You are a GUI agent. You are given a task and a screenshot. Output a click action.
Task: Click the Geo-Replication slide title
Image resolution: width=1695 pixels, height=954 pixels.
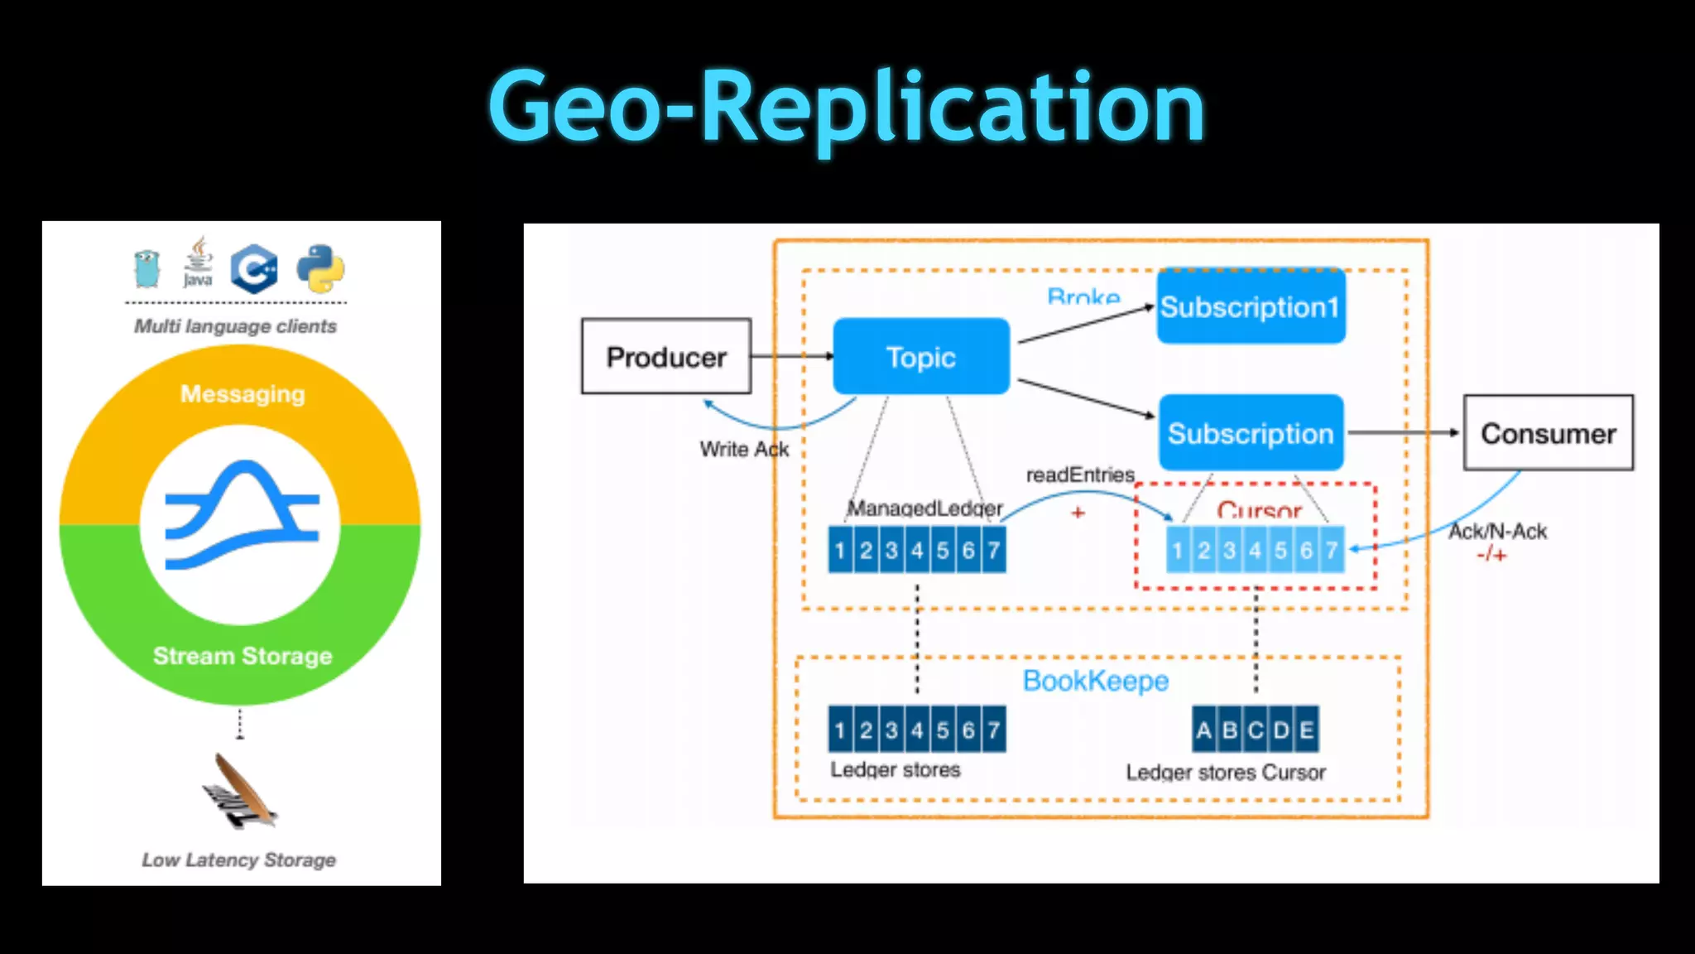point(846,108)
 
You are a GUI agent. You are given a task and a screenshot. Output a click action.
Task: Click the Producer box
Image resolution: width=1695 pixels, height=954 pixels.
point(666,357)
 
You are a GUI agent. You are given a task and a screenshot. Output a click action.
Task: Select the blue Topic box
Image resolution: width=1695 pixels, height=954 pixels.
point(921,357)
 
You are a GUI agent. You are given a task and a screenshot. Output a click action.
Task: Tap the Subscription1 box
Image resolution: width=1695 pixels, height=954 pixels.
point(1251,307)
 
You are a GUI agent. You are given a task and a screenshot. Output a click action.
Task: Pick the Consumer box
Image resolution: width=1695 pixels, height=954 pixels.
point(1548,433)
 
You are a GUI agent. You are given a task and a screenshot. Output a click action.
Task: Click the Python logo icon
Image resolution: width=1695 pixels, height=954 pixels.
point(320,269)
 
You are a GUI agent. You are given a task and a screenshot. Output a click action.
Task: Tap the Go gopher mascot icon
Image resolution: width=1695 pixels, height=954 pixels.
point(146,269)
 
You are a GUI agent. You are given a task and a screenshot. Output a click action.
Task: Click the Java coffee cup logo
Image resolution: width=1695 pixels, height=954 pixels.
point(198,263)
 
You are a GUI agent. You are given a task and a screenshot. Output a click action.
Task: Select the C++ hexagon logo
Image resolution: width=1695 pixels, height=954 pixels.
point(254,269)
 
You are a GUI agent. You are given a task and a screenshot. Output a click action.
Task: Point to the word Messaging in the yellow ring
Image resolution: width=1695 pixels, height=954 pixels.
point(242,394)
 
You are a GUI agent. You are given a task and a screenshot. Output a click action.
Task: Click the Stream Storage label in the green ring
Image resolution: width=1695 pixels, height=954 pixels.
point(242,656)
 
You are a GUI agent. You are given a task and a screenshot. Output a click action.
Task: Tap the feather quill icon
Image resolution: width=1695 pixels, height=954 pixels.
point(239,791)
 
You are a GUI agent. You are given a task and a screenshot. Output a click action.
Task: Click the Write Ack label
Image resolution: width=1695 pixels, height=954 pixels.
point(744,449)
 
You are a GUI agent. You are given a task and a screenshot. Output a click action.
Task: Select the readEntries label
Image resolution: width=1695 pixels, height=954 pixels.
point(1080,475)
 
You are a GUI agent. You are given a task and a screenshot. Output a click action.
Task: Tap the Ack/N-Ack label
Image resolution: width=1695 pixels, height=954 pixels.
point(1497,532)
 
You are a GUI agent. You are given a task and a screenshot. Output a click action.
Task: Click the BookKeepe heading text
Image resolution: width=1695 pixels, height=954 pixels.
point(1096,681)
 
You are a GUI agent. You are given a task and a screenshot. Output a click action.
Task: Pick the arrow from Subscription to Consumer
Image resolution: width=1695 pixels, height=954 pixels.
point(1403,432)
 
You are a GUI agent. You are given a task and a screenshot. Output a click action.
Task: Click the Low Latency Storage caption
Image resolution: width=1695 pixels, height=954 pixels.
point(239,860)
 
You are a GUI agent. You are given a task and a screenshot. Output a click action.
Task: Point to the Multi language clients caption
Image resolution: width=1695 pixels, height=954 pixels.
point(236,326)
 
